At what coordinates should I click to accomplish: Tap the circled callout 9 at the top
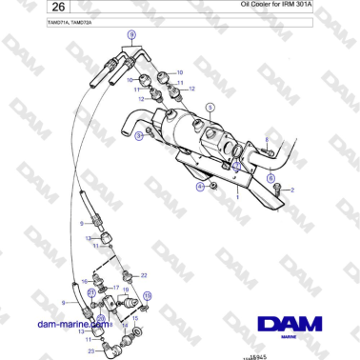[131, 34]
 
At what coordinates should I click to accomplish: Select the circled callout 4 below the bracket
[200, 188]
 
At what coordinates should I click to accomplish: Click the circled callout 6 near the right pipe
[270, 177]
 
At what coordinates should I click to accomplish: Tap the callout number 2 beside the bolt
[292, 190]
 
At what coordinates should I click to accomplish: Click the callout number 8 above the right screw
[268, 140]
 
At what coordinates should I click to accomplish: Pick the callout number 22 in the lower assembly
[144, 274]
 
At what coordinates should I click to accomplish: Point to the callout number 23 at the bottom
[91, 350]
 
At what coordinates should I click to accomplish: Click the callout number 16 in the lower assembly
[84, 283]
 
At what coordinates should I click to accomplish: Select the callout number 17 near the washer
[115, 287]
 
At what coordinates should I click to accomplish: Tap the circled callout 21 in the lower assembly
[147, 296]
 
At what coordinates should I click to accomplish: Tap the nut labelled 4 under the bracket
[214, 185]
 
